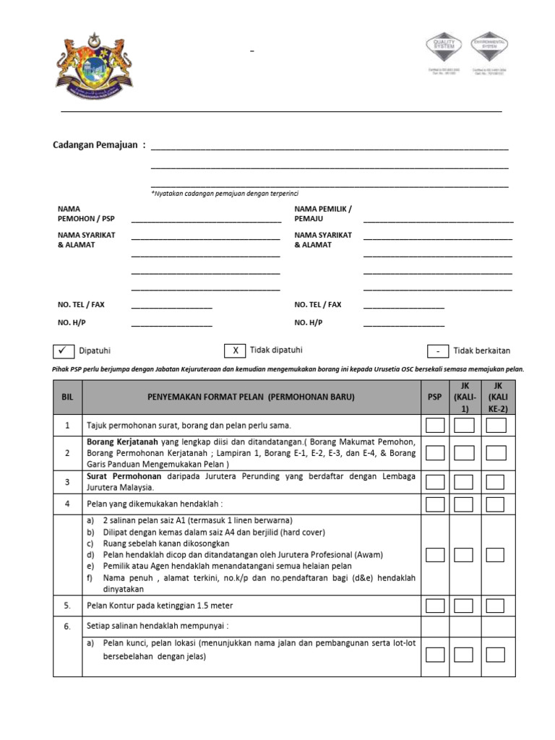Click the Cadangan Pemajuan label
point(99,145)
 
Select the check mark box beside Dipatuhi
point(63,350)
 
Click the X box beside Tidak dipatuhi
point(234,350)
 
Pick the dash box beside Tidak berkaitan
point(438,351)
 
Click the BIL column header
point(67,397)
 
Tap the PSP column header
point(434,397)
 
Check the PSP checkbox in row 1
point(435,425)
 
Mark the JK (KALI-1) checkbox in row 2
point(464,453)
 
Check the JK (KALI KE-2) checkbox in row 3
point(495,482)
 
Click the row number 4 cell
point(67,504)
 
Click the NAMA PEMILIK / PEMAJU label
point(322,213)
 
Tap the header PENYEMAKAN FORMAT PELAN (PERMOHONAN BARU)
point(251,397)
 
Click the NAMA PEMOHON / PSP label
point(87,213)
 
